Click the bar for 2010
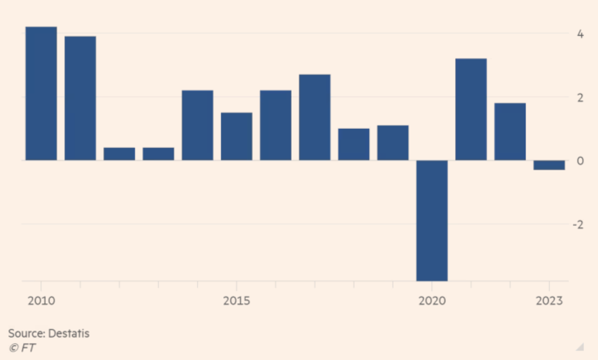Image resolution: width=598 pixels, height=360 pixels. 41,93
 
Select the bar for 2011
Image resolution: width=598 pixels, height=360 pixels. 80,98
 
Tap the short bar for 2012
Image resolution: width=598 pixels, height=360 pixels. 119,154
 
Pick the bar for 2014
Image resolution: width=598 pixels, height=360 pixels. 197,125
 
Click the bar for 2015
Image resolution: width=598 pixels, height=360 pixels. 236,136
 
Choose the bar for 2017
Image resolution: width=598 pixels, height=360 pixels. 315,117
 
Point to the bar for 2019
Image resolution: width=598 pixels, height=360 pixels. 393,143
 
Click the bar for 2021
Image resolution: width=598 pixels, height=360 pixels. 471,109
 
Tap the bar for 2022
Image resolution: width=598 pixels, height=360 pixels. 510,132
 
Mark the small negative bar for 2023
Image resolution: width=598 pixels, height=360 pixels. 549,165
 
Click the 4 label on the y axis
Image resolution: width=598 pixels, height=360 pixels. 581,35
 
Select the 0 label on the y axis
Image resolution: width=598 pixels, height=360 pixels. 581,161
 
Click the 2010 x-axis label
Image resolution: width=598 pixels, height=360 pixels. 41,301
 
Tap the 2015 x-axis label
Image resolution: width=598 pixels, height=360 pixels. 236,301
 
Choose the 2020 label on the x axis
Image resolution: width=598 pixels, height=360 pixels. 432,301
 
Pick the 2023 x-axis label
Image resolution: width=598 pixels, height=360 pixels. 549,301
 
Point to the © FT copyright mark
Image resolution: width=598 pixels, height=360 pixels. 22,348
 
